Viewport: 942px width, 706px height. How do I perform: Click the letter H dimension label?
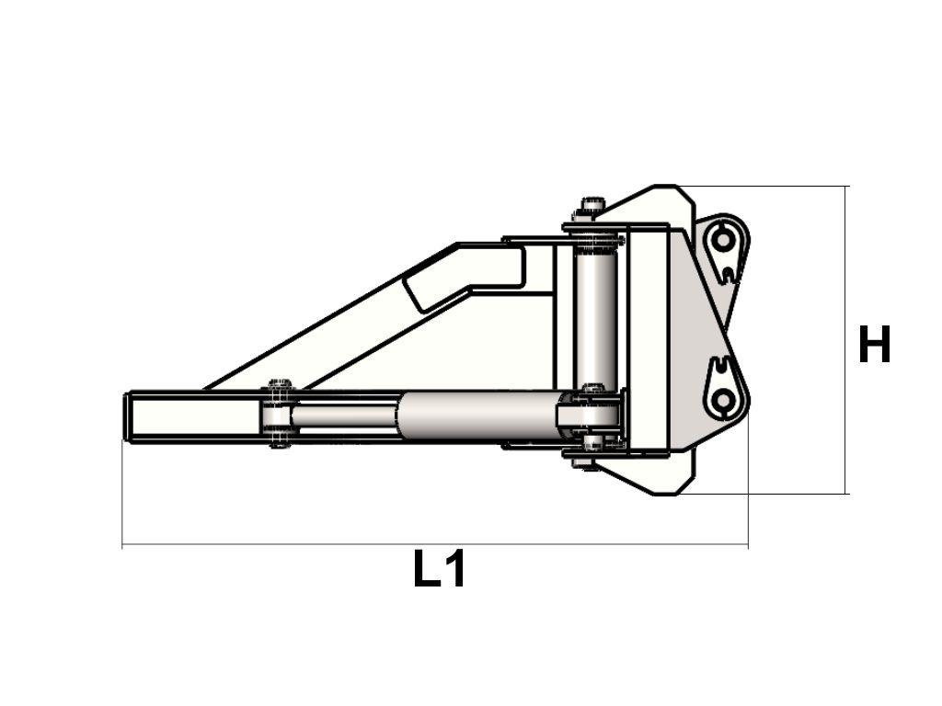click(874, 345)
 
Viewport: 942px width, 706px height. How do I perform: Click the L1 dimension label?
click(440, 569)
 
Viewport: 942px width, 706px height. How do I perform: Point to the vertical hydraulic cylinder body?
click(596, 317)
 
